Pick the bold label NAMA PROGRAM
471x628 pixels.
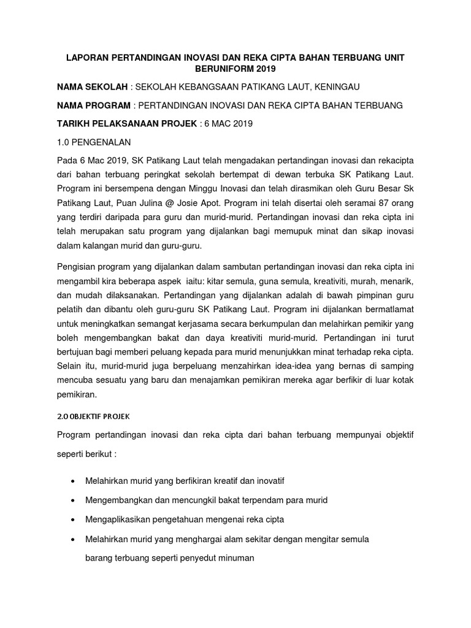94,105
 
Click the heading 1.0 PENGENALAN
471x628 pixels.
93,142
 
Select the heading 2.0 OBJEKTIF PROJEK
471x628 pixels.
93,416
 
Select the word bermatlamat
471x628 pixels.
391,310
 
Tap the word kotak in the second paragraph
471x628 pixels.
402,380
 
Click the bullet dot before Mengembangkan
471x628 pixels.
74,500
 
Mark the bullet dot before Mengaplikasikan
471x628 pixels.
74,520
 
